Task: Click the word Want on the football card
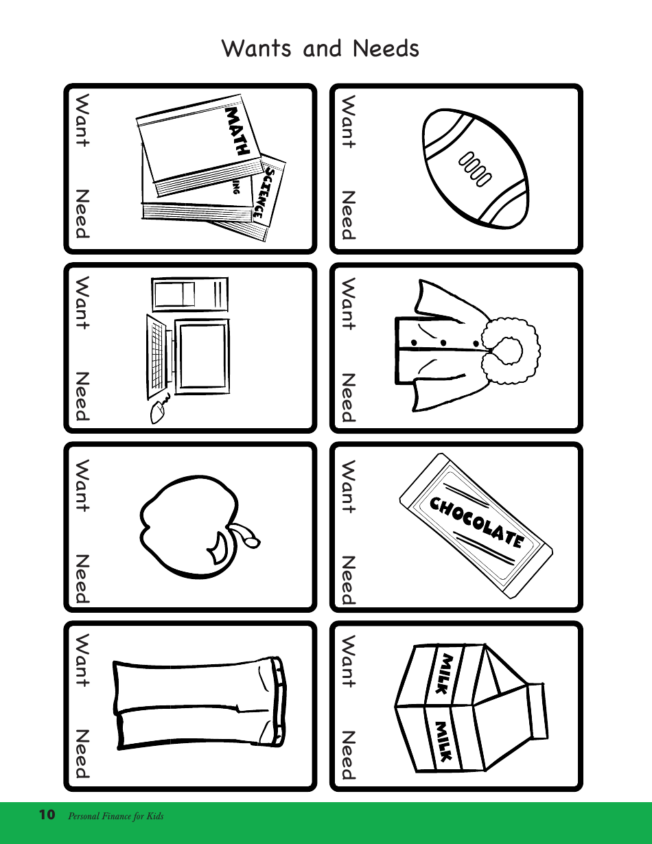pos(348,122)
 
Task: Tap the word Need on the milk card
pos(348,755)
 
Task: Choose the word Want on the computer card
pos(82,303)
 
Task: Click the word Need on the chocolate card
pos(348,580)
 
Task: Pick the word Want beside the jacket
pos(348,303)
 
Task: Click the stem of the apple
pos(246,534)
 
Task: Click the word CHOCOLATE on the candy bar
pos(476,523)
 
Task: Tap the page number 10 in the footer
pos(47,815)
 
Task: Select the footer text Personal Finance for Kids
pos(115,817)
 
